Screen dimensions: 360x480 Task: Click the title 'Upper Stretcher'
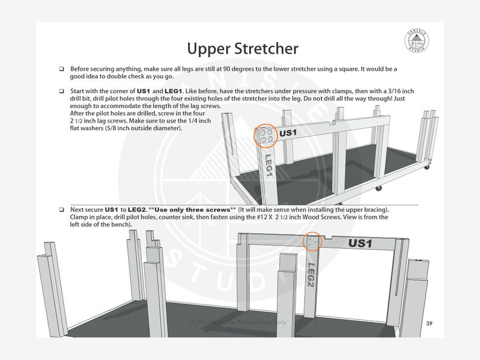coord(241,47)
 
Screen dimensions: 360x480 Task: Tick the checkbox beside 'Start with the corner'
coord(62,91)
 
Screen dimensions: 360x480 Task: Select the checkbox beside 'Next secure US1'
coord(62,209)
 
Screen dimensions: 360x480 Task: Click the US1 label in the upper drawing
coord(288,132)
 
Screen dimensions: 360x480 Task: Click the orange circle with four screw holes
coord(265,136)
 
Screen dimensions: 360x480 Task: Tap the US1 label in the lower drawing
coord(361,243)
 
